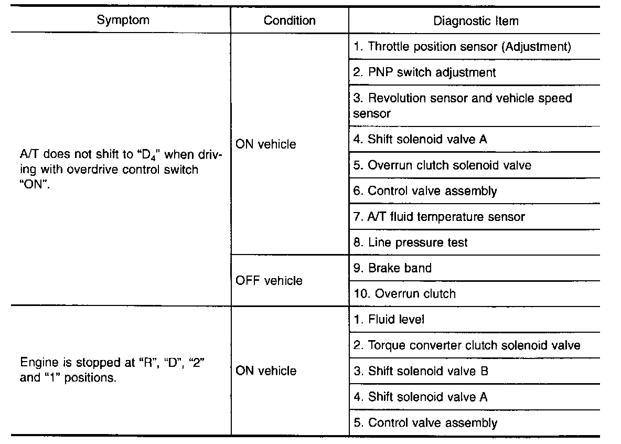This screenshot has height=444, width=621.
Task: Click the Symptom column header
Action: [x=123, y=20]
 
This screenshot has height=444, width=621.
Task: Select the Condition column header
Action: [x=290, y=20]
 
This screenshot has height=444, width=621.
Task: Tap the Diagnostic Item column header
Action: [x=476, y=21]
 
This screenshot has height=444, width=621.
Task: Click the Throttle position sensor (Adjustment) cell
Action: [x=462, y=46]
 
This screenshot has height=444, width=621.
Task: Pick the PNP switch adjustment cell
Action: [x=424, y=72]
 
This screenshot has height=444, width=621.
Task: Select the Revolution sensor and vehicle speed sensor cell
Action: [x=462, y=105]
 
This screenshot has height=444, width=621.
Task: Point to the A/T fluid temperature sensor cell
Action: [x=438, y=216]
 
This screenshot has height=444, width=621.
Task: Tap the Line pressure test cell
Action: [x=410, y=242]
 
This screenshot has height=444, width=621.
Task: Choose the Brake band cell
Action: [x=392, y=268]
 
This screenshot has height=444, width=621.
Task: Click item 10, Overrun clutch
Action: [x=404, y=293]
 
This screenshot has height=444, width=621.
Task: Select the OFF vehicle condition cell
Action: [x=269, y=281]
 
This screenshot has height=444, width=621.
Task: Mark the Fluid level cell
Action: [x=389, y=319]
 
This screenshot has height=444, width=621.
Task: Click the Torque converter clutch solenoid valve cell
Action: [x=466, y=345]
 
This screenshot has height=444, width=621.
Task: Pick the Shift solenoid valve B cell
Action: [x=421, y=371]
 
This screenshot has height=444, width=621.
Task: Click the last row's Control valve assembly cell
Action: [x=425, y=422]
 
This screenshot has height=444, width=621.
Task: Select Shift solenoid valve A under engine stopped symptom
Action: [x=420, y=397]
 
